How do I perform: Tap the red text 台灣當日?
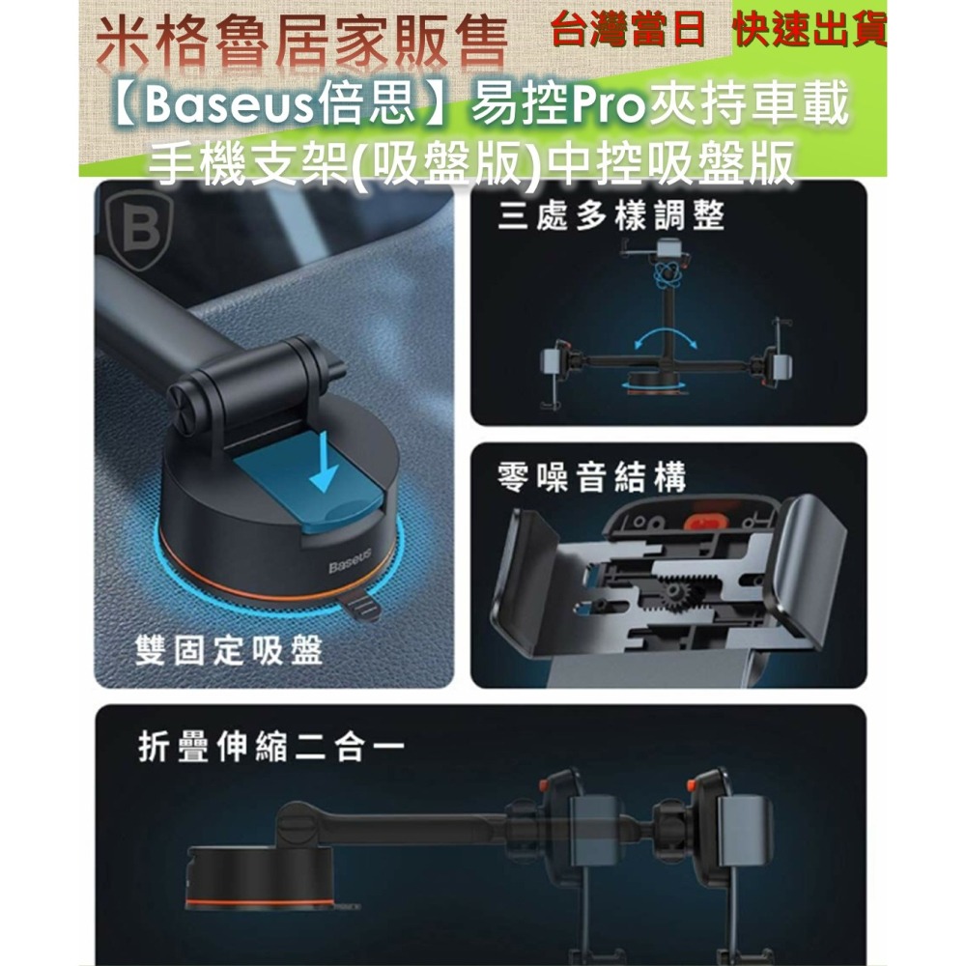point(627,31)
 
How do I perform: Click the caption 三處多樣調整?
point(611,216)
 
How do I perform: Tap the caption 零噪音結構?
point(591,477)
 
